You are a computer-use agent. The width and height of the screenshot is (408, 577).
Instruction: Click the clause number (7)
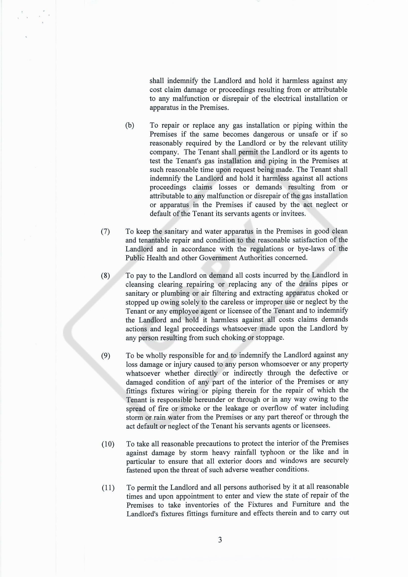tap(105, 231)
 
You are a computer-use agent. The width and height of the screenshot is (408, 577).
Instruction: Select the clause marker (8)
tap(105, 276)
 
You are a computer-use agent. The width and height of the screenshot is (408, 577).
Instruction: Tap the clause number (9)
tap(106, 356)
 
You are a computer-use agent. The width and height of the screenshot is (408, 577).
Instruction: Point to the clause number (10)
tap(108, 444)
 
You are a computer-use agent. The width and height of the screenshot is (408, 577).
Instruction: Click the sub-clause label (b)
tap(130, 125)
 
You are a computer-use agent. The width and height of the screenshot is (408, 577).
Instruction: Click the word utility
tap(337, 143)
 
